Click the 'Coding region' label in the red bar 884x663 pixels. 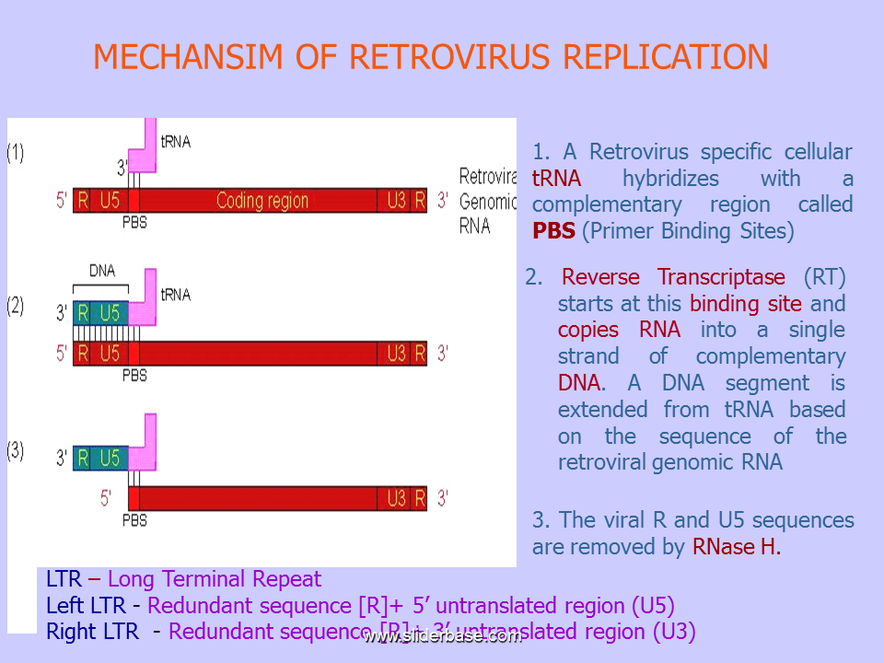[x=262, y=201]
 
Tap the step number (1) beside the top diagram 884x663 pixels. [x=16, y=154]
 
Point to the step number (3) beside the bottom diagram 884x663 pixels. [x=16, y=451]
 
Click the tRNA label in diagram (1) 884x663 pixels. [x=176, y=142]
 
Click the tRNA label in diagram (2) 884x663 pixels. [x=176, y=295]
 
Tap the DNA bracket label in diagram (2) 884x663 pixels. [x=102, y=271]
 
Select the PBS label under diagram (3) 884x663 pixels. [x=134, y=520]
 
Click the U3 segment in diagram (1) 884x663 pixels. [x=396, y=201]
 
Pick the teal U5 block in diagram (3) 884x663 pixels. [x=110, y=458]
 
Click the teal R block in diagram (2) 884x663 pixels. [x=83, y=313]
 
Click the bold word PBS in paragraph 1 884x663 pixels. [x=553, y=231]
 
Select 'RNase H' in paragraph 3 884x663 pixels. [x=735, y=547]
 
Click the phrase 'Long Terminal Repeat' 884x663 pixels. [x=215, y=579]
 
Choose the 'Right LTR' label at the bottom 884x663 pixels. [x=92, y=632]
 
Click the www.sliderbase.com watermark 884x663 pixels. [x=442, y=636]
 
